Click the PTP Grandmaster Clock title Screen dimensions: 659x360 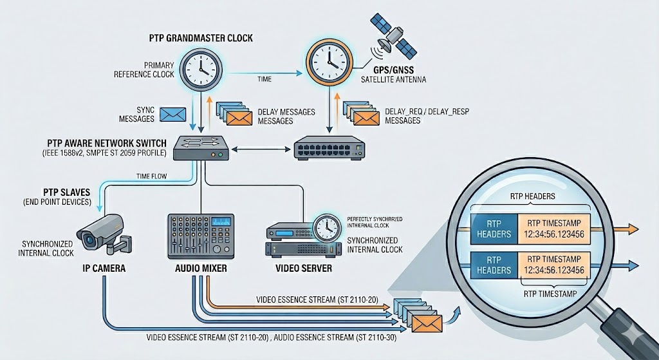click(x=201, y=38)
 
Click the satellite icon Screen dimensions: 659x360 click(x=393, y=35)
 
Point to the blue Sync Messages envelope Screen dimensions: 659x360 click(x=172, y=114)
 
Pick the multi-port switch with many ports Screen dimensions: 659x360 click(x=329, y=147)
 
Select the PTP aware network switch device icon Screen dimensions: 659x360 click(x=201, y=147)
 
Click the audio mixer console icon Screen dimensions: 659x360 click(x=201, y=236)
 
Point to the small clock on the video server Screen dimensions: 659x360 click(x=328, y=227)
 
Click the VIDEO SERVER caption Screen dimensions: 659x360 click(x=304, y=269)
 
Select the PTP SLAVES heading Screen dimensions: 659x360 click(x=66, y=192)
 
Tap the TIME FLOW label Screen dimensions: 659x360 click(x=151, y=176)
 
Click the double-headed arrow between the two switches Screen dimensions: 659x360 click(x=261, y=149)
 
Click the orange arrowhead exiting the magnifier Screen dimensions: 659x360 click(x=633, y=229)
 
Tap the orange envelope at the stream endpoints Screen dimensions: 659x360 click(x=427, y=323)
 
